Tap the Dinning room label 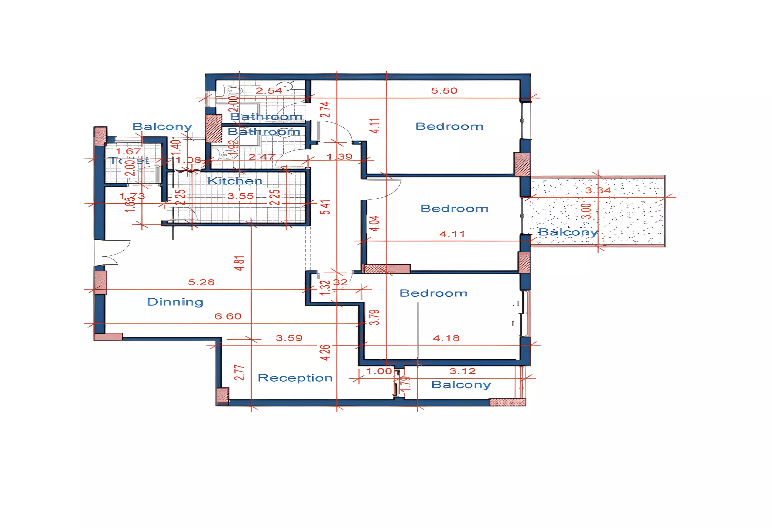[175, 302]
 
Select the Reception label [295, 378]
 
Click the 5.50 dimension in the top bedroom [444, 91]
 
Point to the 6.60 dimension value [228, 316]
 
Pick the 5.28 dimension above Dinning [201, 283]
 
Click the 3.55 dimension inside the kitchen [240, 196]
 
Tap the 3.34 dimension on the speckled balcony [598, 190]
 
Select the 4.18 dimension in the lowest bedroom [446, 338]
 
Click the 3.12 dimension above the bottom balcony [462, 371]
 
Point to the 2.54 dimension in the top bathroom [268, 91]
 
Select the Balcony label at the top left [162, 126]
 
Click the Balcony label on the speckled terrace [568, 232]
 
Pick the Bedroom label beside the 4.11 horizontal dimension [454, 209]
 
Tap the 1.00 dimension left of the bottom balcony [379, 371]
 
